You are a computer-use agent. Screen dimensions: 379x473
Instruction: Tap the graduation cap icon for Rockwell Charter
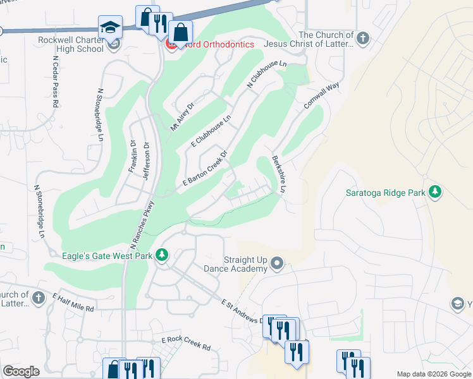pos(110,27)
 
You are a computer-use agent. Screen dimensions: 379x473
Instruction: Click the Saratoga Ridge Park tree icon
pos(434,191)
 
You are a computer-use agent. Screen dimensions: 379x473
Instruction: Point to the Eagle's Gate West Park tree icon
pos(163,255)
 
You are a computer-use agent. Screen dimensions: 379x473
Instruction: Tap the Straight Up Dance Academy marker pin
pos(277,263)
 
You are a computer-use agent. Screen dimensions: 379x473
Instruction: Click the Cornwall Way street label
pos(322,95)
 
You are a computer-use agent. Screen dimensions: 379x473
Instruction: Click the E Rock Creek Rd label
pos(185,343)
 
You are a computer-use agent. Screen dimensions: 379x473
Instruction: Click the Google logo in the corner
pos(21,371)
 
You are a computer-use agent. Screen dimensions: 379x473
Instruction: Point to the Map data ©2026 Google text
pos(434,374)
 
